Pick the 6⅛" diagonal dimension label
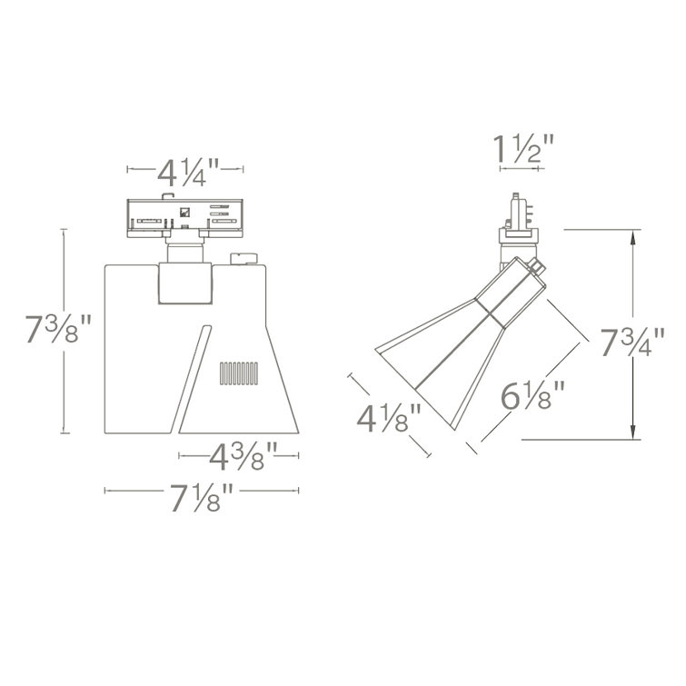point(534,397)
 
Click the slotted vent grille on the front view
point(238,373)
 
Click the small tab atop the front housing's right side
point(243,258)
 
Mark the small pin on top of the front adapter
point(165,194)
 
